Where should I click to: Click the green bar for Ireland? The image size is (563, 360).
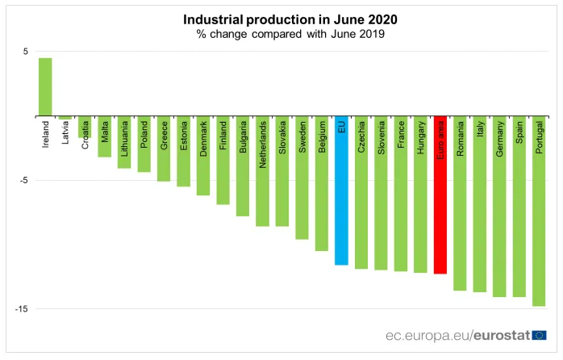[x=45, y=86]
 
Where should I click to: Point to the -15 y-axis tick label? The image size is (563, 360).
[x=23, y=309]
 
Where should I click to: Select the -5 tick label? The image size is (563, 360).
[x=24, y=180]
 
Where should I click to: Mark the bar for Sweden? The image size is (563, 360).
[x=302, y=178]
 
